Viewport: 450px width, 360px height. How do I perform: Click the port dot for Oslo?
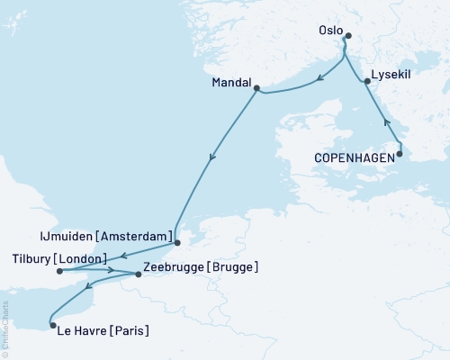(x=348, y=37)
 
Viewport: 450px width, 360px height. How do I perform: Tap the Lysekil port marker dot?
(x=366, y=82)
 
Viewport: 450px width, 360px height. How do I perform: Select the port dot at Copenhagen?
(x=400, y=154)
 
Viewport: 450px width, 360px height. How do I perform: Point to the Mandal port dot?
(x=256, y=88)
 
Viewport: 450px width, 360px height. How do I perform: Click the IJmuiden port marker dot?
(x=176, y=242)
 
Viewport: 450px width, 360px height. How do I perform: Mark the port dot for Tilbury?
(x=58, y=269)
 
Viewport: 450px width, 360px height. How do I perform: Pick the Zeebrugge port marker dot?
(x=138, y=271)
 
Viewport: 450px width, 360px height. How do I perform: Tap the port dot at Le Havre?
(x=52, y=326)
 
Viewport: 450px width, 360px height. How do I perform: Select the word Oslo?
(x=329, y=31)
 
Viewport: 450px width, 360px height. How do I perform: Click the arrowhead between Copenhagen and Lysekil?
(x=387, y=121)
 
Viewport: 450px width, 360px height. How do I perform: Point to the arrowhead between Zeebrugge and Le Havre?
(x=88, y=289)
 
